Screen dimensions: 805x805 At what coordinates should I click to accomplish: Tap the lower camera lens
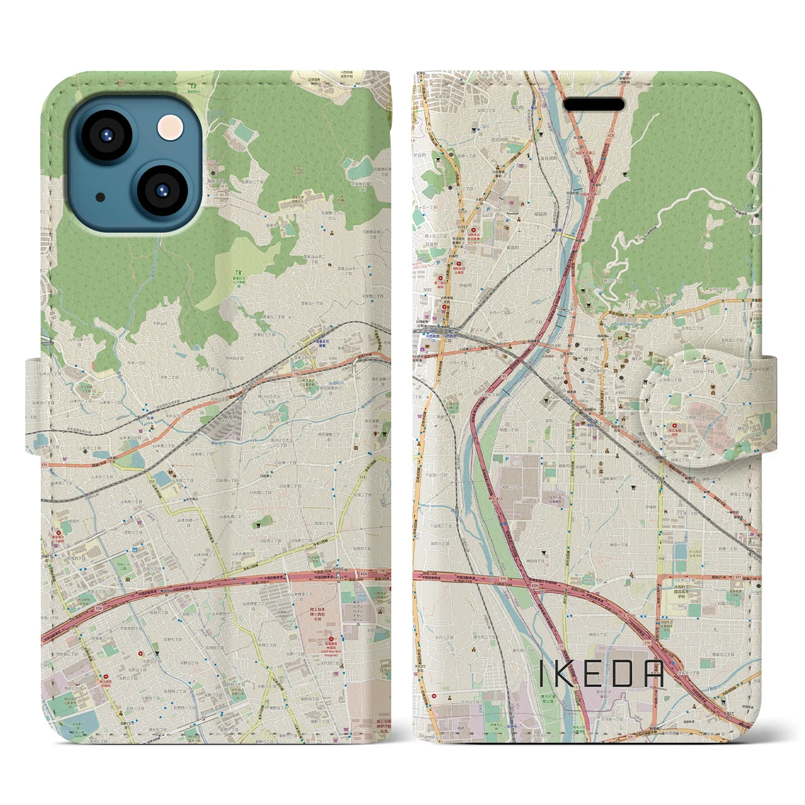[159, 191]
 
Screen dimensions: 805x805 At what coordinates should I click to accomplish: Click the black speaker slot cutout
[594, 104]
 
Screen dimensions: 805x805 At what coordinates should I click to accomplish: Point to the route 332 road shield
[151, 481]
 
